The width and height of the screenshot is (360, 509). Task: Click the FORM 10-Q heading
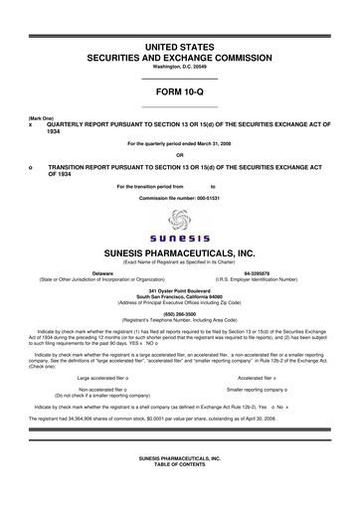point(180,91)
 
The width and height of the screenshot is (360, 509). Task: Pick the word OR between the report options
point(180,154)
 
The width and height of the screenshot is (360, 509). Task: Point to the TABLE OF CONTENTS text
point(180,463)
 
